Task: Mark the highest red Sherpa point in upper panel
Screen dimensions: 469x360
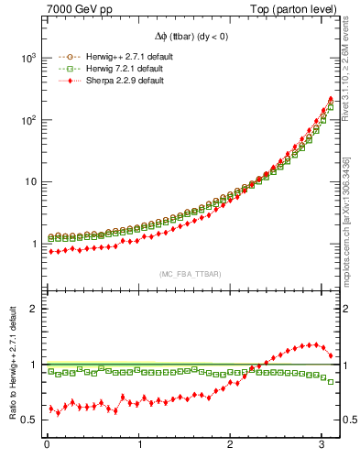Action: (331, 99)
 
